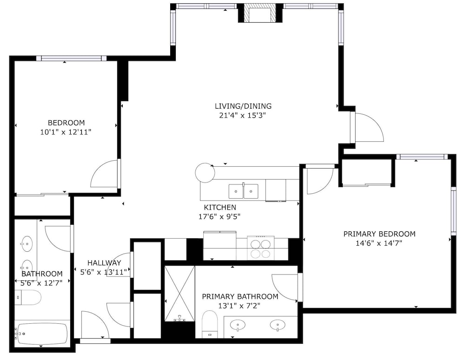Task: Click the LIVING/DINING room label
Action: pos(243,106)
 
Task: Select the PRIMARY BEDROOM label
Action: pos(379,234)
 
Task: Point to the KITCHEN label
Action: pos(220,207)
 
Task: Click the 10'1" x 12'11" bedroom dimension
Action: pos(66,132)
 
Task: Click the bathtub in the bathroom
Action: pos(42,334)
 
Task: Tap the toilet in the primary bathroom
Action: pos(210,324)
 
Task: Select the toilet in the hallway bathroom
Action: pos(28,297)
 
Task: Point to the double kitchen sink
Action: pos(243,191)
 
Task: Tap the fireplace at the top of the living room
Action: pos(260,13)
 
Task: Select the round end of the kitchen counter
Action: pos(205,172)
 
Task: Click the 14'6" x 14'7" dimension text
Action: pos(379,243)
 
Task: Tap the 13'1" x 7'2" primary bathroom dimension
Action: pos(239,306)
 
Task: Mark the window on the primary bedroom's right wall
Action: pos(453,211)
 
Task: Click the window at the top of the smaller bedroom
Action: pos(71,58)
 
